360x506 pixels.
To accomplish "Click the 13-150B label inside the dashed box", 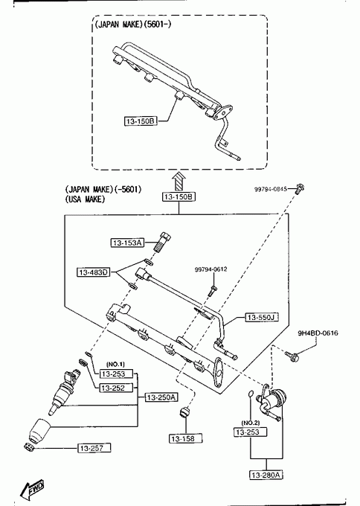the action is point(141,121).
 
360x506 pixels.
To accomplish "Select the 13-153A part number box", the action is point(127,243).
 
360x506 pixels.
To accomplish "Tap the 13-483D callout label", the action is point(93,272).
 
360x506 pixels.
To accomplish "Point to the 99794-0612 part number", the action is point(210,269).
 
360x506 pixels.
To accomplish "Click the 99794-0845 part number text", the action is point(270,189).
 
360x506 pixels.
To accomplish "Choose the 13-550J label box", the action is point(262,318).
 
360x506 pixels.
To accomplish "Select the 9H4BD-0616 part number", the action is point(318,333).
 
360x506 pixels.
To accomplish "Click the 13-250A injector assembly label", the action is point(161,397).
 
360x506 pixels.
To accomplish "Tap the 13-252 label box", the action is point(116,388).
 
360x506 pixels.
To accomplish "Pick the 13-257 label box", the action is point(94,448).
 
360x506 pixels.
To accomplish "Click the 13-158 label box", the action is point(186,438).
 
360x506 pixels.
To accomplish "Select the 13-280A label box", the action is point(267,475).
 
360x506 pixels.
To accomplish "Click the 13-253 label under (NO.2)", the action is point(251,432).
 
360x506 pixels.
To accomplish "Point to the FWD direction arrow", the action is point(32,490).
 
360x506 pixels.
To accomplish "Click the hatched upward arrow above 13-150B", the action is point(178,182).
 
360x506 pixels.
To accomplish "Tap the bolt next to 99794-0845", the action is point(300,188).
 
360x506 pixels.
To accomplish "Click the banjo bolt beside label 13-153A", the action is point(163,243).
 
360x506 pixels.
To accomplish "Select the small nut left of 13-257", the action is point(29,447).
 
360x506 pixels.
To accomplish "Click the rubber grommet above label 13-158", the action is point(185,412).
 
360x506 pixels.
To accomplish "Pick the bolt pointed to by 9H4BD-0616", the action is point(292,356).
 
